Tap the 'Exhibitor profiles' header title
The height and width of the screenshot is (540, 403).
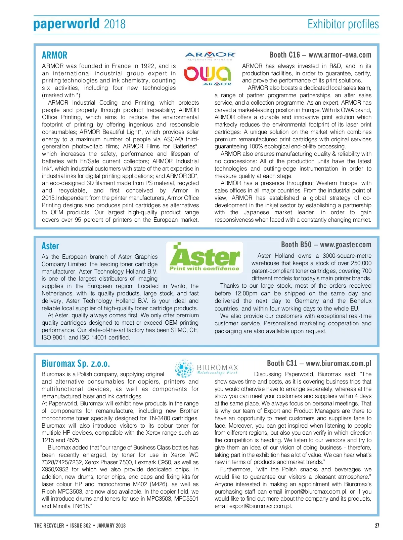click(x=343, y=24)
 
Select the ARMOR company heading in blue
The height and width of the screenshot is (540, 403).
click(x=54, y=55)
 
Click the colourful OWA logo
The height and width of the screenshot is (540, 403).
click(x=207, y=74)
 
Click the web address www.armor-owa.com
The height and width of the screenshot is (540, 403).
click(x=340, y=55)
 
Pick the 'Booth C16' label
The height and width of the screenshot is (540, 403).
click(x=285, y=55)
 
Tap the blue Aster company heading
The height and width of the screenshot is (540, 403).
click(x=50, y=246)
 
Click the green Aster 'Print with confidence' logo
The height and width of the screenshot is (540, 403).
click(x=205, y=257)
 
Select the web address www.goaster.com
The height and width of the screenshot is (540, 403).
click(x=346, y=245)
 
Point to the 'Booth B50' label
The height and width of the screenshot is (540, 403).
click(x=296, y=245)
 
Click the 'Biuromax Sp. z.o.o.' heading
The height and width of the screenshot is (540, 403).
click(x=76, y=363)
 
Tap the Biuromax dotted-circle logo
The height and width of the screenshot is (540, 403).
click(x=184, y=368)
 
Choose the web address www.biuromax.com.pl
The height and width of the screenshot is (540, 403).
click(x=339, y=363)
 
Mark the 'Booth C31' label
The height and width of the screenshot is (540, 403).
click(x=282, y=363)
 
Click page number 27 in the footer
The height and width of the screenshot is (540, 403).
click(x=377, y=526)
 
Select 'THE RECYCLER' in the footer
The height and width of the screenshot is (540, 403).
click(x=49, y=526)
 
